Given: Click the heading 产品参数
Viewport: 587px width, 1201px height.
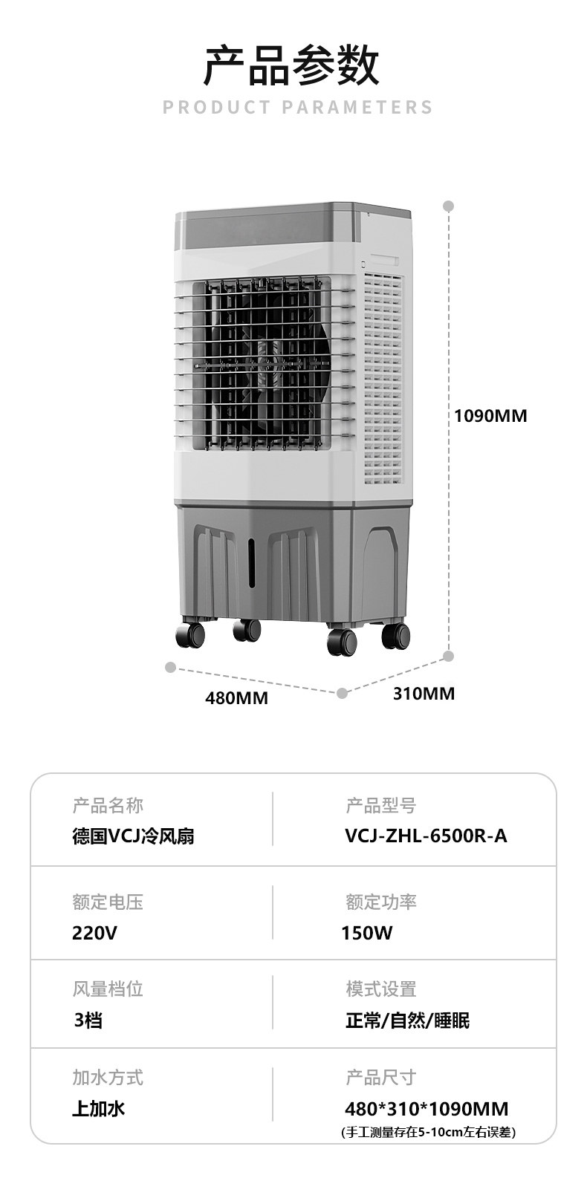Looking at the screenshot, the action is tap(293, 65).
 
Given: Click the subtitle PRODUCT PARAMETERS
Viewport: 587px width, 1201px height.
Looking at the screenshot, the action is tap(297, 108).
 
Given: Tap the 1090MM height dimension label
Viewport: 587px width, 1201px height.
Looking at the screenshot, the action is tap(490, 416).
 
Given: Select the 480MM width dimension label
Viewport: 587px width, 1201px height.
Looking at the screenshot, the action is tap(236, 698).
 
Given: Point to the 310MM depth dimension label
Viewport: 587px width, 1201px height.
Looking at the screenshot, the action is tap(423, 694).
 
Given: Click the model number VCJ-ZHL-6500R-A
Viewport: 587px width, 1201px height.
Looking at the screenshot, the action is tap(426, 836).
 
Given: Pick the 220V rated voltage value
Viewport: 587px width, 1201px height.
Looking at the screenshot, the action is tap(94, 933).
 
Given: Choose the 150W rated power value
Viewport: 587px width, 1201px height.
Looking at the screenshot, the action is tap(367, 933).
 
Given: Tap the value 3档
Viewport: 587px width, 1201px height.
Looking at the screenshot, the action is tap(88, 1021).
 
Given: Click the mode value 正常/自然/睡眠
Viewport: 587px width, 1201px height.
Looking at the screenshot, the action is tap(407, 1021).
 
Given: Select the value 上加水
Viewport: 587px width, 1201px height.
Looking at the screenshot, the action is tap(98, 1109).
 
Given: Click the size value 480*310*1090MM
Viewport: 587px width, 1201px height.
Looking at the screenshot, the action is tap(427, 1109).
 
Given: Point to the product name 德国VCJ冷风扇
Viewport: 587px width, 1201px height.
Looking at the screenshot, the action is tap(134, 836).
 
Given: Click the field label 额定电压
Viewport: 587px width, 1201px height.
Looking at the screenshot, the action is tap(108, 902).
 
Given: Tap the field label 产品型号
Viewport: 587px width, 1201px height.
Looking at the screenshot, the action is tap(380, 806).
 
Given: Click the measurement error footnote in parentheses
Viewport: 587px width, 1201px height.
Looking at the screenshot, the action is tap(428, 1133).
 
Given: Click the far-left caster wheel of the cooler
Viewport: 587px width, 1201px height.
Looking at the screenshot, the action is tap(189, 636).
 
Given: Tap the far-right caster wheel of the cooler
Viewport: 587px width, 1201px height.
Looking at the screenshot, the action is tap(395, 636).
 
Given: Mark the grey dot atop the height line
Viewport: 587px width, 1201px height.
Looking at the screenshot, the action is tap(448, 206).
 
